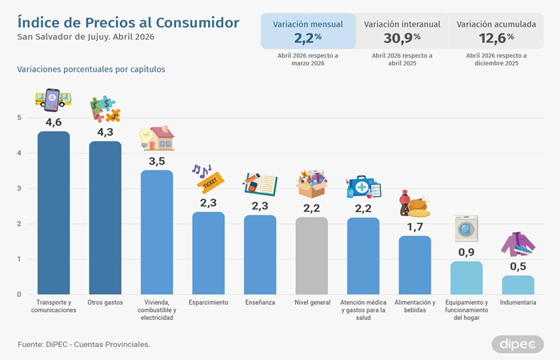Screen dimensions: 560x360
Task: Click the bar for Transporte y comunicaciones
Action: pyautogui.click(x=54, y=213)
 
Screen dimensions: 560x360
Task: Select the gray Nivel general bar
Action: pyautogui.click(x=311, y=256)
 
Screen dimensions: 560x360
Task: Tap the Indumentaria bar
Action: pyautogui.click(x=518, y=285)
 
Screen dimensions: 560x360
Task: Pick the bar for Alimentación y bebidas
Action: pyautogui.click(x=414, y=265)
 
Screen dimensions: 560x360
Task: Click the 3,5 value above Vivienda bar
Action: pyautogui.click(x=157, y=162)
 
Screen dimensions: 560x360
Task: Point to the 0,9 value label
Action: pyautogui.click(x=466, y=253)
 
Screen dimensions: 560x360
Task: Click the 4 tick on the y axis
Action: pyautogui.click(x=19, y=153)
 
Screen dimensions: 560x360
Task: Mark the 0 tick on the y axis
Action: pyautogui.click(x=19, y=294)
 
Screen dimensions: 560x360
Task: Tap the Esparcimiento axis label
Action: pyautogui.click(x=208, y=302)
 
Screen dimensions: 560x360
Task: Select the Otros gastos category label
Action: pyautogui.click(x=105, y=302)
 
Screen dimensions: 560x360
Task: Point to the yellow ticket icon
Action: pyautogui.click(x=210, y=182)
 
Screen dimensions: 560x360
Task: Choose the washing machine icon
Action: pyautogui.click(x=466, y=229)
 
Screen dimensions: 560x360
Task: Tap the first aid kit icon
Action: pyautogui.click(x=363, y=187)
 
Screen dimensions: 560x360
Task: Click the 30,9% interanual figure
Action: pyautogui.click(x=402, y=38)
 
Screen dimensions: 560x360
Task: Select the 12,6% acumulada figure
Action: pyautogui.click(x=497, y=38)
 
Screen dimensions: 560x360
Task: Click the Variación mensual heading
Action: pyautogui.click(x=308, y=24)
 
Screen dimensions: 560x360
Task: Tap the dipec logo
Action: pyautogui.click(x=518, y=344)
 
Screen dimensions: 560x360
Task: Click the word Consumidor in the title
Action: pyautogui.click(x=198, y=22)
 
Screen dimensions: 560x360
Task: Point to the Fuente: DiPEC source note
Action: pyautogui.click(x=84, y=345)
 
